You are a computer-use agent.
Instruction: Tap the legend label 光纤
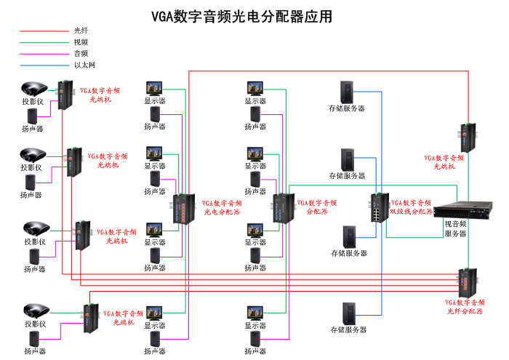(81, 31)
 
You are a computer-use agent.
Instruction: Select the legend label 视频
(81, 42)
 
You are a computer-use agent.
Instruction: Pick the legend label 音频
(81, 54)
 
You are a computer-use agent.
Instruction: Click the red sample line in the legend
(43, 31)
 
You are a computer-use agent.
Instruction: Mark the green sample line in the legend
(43, 43)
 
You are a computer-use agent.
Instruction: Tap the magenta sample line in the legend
(43, 54)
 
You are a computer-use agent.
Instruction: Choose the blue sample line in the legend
(43, 65)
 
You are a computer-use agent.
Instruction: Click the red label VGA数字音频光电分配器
(222, 208)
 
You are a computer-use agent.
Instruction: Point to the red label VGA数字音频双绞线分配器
(412, 207)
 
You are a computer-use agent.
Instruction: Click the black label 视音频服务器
(455, 229)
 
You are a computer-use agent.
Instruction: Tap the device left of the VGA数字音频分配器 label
(281, 207)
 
